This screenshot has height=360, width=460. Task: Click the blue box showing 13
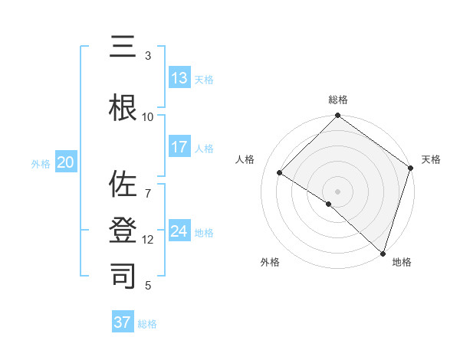tap(179, 78)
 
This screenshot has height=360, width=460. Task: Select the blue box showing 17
tap(179, 147)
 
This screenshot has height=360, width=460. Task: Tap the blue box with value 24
tap(179, 231)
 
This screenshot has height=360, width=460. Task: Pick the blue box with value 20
tap(66, 162)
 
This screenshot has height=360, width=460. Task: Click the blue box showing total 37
tap(123, 322)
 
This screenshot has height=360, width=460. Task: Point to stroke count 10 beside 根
tap(147, 117)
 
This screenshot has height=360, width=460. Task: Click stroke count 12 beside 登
tap(147, 240)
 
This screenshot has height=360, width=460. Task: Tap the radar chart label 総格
tap(337, 100)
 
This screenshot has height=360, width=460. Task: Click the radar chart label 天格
tap(431, 159)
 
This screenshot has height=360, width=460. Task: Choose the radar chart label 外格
tap(270, 263)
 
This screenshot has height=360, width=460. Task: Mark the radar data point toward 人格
tap(280, 173)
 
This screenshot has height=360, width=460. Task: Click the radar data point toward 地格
tap(382, 253)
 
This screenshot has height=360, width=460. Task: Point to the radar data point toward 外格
tap(328, 204)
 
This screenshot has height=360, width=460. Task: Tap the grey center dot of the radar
tap(337, 191)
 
